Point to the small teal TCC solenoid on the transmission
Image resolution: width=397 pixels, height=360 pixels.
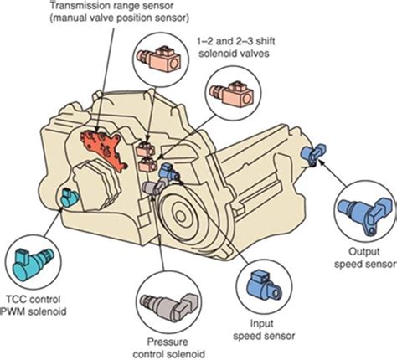(x=66, y=198)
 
